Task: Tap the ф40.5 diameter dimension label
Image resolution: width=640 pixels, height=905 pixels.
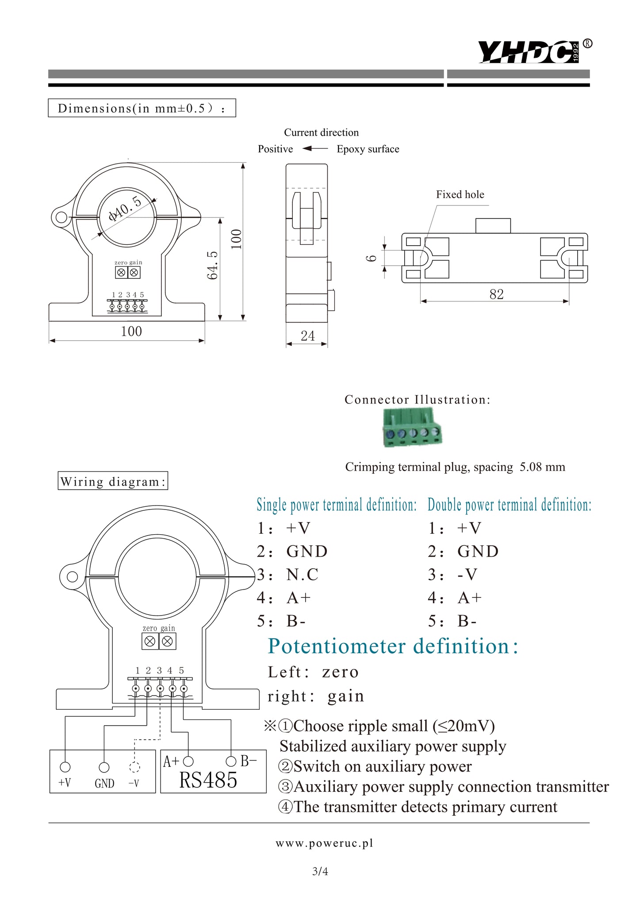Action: [125, 209]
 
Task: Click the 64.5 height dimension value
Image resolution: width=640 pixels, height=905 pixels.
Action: [213, 265]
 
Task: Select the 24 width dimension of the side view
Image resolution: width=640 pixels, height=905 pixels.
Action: [307, 336]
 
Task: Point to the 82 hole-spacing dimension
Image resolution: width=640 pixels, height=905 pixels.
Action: [496, 294]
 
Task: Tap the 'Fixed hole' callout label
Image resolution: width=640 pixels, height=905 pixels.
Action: [460, 194]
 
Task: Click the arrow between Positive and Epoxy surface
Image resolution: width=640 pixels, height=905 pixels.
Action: [315, 148]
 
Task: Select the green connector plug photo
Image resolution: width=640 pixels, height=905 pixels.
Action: [412, 427]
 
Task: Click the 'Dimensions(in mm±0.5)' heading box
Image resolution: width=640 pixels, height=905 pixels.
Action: [142, 108]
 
